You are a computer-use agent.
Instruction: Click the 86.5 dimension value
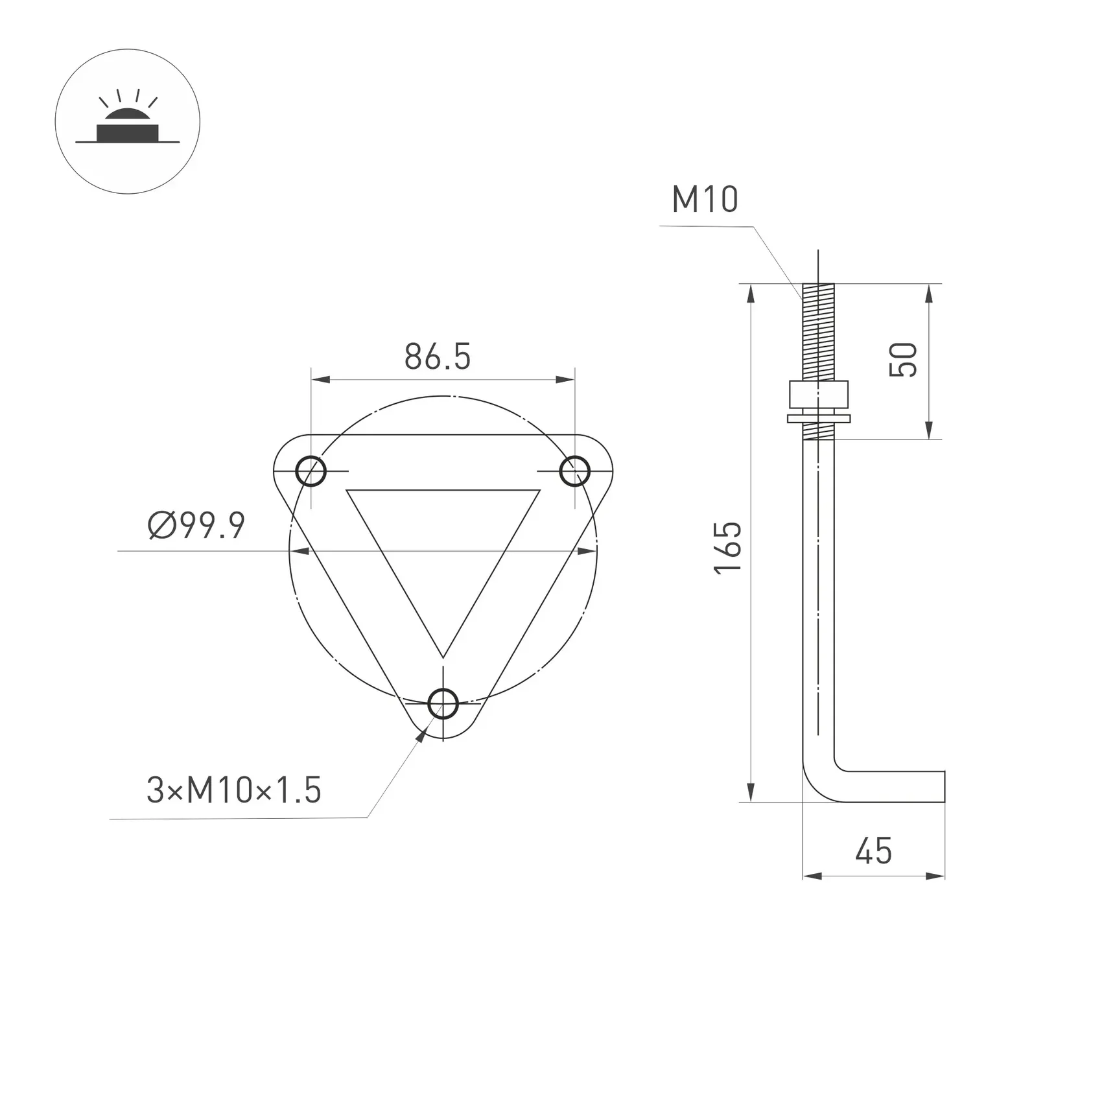pos(437,357)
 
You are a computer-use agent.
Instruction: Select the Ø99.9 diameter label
pos(196,525)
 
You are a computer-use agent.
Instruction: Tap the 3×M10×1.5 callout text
pos(233,790)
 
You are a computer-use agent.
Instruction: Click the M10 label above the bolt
pos(705,199)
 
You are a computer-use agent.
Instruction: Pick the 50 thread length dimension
pos(903,360)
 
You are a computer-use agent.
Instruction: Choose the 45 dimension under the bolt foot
pos(873,851)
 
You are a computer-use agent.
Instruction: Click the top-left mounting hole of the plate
pos(311,471)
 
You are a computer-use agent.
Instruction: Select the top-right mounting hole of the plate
pos(574,471)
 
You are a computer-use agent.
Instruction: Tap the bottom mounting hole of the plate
pos(443,704)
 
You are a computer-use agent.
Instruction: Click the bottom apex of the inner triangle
pos(443,656)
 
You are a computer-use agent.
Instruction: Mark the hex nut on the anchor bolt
pos(818,393)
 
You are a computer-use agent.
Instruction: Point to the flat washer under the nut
pos(818,419)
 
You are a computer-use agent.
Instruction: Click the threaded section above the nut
pos(818,331)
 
